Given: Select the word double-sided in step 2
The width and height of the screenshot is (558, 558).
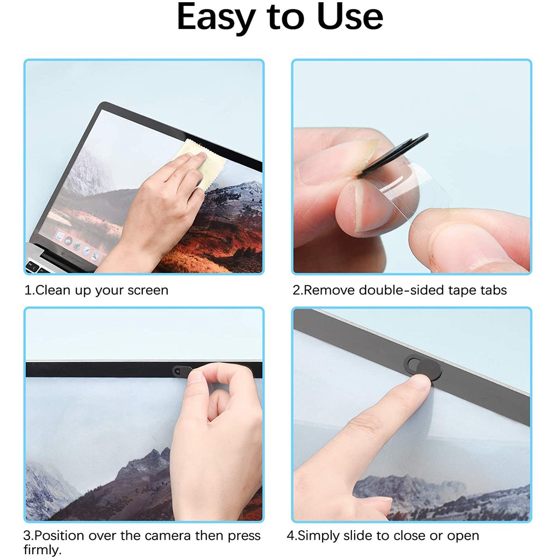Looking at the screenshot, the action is tap(401, 290).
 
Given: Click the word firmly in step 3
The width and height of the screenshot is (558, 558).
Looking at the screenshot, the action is tap(43, 549).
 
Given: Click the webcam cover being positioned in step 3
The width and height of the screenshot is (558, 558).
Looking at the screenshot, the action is tap(182, 371).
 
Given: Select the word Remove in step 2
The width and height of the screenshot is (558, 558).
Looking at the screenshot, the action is tap(330, 290).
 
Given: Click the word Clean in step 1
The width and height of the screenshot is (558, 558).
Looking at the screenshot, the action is tap(53, 290).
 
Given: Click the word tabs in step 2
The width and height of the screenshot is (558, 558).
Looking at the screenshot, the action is tap(493, 290).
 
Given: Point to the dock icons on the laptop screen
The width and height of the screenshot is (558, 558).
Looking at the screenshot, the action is tap(77, 245).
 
